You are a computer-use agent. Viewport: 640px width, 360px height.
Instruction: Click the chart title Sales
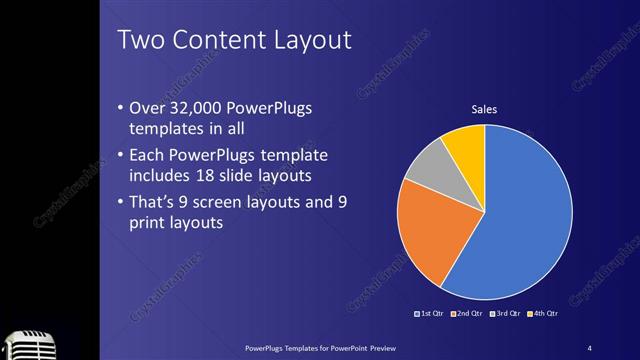(485, 109)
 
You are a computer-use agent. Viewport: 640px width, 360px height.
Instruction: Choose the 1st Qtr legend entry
(429, 313)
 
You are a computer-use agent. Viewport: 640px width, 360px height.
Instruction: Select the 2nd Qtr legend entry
(466, 313)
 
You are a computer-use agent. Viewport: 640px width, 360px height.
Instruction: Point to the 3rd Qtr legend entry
(502, 313)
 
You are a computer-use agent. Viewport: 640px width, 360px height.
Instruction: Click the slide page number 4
(590, 347)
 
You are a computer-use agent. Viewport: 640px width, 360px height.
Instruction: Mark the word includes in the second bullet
(160, 175)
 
